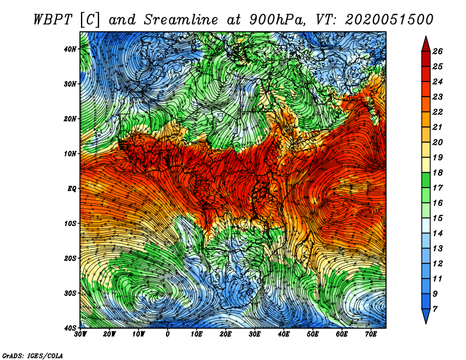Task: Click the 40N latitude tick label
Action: (70, 49)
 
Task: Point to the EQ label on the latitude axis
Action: (72, 189)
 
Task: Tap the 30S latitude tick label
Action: (70, 294)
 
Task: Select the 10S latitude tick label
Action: (70, 224)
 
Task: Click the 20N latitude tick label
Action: (70, 119)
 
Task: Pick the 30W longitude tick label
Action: (80, 334)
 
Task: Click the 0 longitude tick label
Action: (168, 334)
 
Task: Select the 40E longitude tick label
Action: (284, 334)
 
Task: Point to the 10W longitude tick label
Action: (139, 334)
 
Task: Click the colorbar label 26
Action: (437, 51)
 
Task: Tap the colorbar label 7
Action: (435, 309)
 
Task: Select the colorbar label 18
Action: (437, 172)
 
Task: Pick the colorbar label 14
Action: (437, 234)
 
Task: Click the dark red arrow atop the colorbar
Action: (426, 45)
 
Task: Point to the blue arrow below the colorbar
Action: (426, 316)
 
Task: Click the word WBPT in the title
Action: (52, 20)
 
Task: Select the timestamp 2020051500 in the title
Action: (389, 20)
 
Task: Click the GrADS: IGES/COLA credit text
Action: (33, 356)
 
